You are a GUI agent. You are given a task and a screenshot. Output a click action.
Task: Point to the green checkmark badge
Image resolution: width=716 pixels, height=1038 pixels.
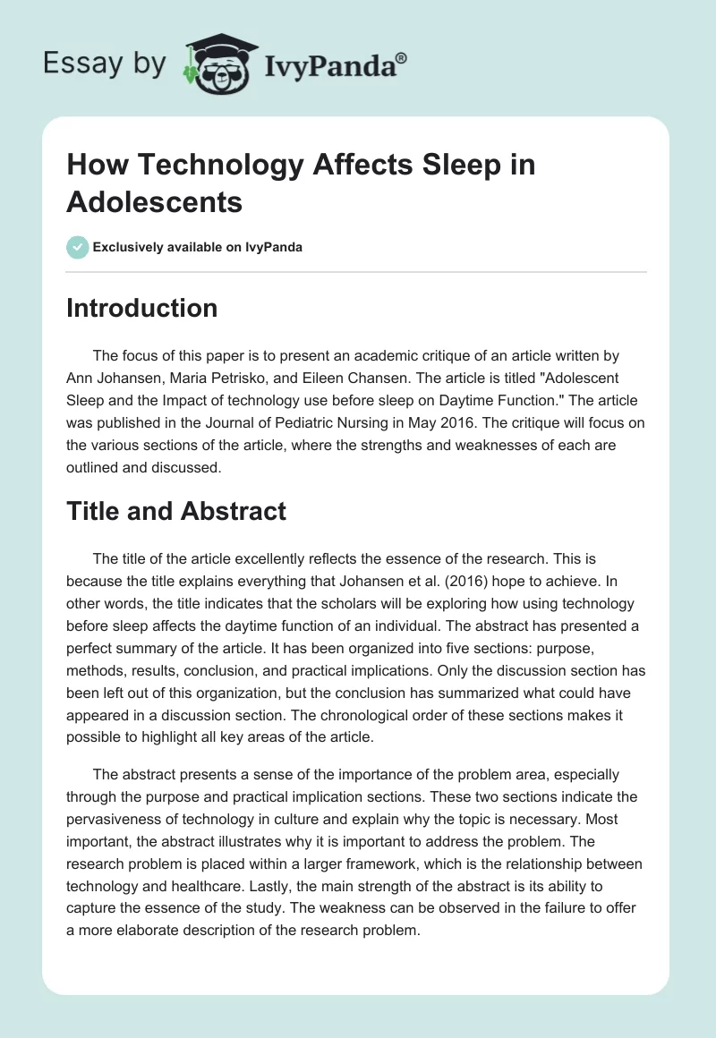point(78,247)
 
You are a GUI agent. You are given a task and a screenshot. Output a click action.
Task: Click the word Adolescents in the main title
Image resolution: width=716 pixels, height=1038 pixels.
point(155,201)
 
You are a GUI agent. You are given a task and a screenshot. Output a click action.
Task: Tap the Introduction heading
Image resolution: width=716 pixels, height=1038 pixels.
point(142,308)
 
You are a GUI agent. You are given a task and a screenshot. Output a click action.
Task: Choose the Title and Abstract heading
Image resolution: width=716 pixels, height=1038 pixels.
point(176,510)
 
